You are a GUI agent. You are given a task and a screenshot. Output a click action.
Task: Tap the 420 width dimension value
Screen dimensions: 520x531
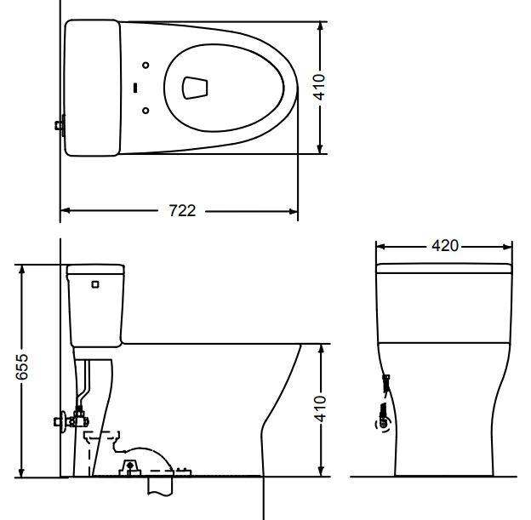click(x=445, y=246)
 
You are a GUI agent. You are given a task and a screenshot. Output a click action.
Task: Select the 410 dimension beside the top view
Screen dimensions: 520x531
click(x=320, y=87)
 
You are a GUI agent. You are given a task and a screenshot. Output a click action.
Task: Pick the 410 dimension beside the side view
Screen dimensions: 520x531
click(x=320, y=409)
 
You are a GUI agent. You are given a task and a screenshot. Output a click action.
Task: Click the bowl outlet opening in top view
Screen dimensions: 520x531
click(x=195, y=87)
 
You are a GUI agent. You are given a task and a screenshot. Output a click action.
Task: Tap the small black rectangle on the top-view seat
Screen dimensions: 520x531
click(x=136, y=87)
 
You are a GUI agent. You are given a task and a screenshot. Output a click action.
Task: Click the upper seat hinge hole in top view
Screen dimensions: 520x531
click(x=146, y=65)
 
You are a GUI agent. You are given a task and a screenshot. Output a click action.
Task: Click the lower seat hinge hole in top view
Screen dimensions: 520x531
click(x=146, y=110)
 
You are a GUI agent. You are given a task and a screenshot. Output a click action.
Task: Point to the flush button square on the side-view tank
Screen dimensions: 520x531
click(x=95, y=284)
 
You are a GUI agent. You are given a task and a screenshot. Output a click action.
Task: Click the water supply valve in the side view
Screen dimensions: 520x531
click(x=68, y=419)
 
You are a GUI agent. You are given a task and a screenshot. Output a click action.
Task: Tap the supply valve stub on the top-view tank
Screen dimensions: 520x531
click(x=60, y=126)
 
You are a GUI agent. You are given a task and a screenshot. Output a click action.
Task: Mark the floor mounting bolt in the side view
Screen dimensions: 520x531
click(x=130, y=465)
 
